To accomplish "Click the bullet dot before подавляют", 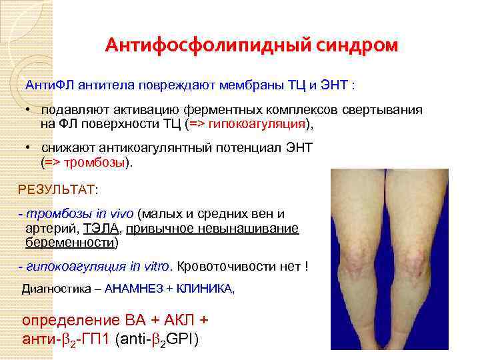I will click(31, 110).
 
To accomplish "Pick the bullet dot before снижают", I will click(31, 147).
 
